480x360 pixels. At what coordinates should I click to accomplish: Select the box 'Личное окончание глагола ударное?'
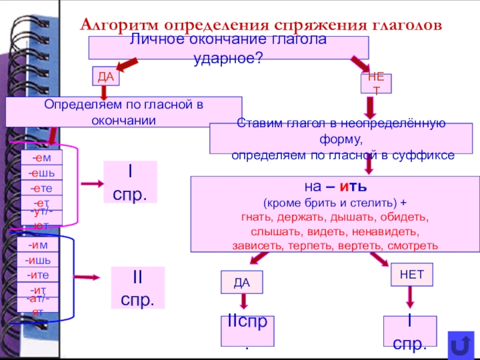(229, 47)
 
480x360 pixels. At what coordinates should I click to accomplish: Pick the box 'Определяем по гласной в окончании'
(124, 112)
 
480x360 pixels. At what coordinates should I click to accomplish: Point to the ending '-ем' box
(41, 158)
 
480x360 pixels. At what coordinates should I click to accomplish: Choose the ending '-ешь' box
(41, 173)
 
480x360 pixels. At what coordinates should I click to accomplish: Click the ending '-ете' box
(41, 188)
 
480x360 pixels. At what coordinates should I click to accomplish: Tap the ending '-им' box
(38, 245)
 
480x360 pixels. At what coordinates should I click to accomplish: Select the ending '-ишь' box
(38, 260)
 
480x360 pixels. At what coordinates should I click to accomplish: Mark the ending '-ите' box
(38, 275)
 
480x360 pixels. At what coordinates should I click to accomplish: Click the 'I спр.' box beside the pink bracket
(130, 182)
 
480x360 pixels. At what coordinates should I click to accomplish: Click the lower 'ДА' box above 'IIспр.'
(242, 282)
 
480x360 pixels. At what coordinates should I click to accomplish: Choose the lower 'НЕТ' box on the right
(412, 274)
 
